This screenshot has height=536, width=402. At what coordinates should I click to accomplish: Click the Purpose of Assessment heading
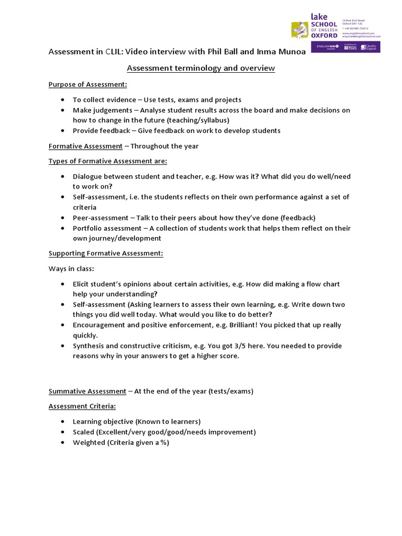88,84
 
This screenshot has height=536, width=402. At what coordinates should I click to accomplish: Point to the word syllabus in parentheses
211,120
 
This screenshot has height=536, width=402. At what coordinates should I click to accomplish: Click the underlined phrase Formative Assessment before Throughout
85,146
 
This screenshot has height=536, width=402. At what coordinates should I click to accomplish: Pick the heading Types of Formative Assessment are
108,161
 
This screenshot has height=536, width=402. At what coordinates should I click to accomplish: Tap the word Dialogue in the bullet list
89,176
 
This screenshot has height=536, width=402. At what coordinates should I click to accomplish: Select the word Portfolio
87,228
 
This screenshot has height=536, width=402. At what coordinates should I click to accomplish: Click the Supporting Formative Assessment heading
106,253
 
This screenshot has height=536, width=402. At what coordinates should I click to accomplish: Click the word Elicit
82,284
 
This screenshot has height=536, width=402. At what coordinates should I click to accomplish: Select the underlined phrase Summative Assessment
87,391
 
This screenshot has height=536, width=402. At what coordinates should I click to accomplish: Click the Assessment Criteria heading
82,406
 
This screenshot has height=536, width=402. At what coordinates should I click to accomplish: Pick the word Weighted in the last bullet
89,442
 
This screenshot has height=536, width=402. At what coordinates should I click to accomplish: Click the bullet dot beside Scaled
63,432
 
